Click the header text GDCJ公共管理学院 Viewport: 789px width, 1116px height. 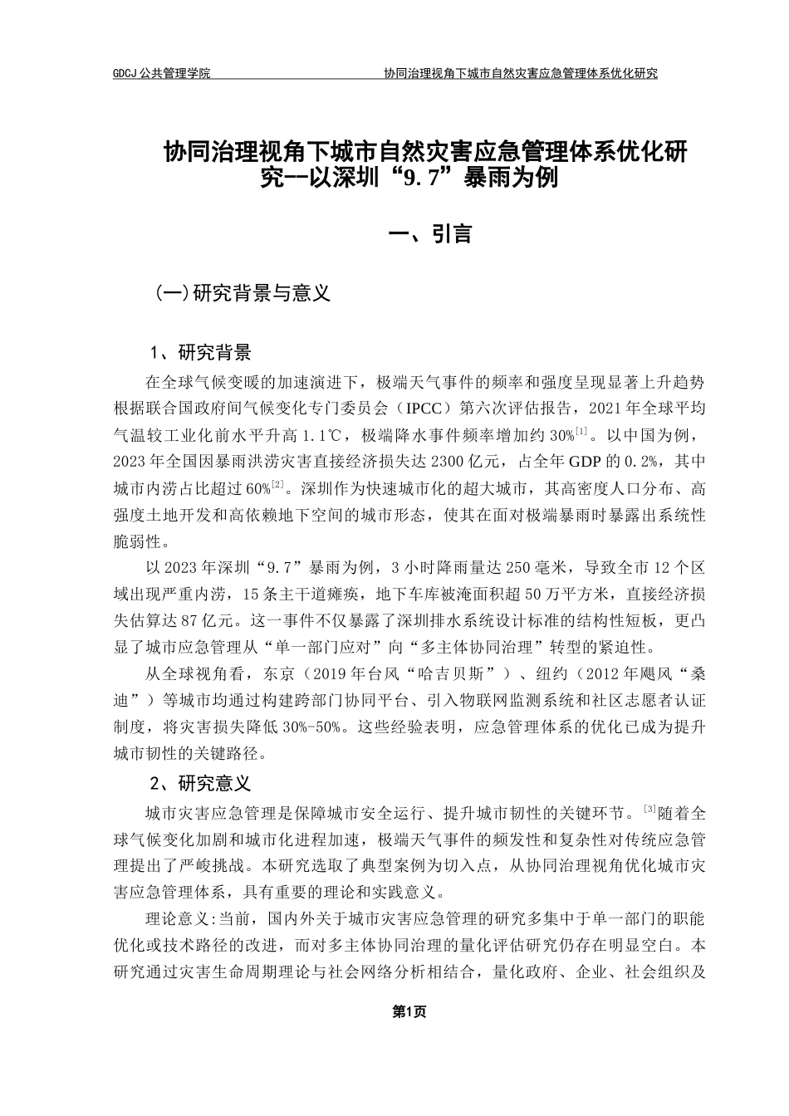(161, 73)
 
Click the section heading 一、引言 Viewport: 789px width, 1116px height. (430, 235)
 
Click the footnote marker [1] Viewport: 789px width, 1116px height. (581, 430)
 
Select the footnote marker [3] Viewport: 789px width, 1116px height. (650, 808)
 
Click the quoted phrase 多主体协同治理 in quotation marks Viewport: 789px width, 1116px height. (480, 648)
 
